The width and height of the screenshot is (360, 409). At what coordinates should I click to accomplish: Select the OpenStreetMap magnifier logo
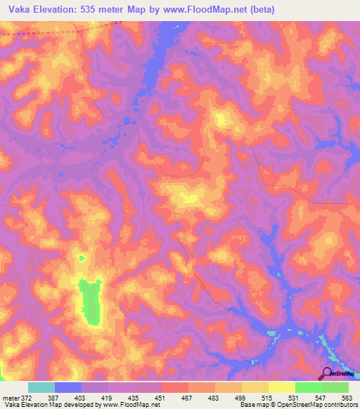328,373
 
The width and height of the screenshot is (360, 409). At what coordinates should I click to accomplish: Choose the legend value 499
241,398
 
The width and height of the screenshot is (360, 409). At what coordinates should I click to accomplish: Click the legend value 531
295,398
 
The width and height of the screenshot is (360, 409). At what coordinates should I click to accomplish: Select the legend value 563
347,398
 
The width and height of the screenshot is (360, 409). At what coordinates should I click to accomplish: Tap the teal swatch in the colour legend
41,387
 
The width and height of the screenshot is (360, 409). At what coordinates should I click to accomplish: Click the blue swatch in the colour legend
68,387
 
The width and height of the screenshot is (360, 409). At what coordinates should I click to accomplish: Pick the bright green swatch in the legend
309,387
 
